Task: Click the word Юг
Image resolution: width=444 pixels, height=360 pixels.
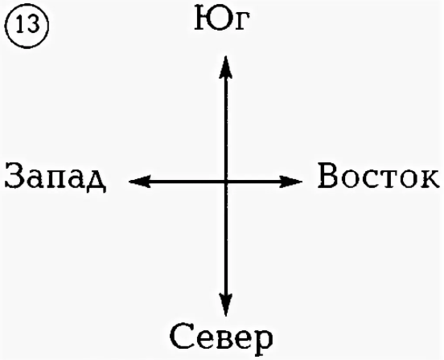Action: coord(223,19)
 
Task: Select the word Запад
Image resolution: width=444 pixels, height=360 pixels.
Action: coord(55,178)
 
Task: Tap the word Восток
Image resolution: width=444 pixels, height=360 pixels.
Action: coord(379,176)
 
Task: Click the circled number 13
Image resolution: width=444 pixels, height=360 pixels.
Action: coord(27,26)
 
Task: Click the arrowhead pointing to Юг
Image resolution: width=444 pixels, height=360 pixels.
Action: coord(226,67)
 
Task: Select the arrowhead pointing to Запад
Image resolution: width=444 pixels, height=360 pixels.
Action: coord(140,182)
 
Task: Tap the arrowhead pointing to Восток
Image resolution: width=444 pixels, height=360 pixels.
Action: coord(291,182)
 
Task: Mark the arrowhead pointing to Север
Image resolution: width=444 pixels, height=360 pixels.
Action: coord(226,305)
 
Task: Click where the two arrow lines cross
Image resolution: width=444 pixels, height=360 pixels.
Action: coord(226,182)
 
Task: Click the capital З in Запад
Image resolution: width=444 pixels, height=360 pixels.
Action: coord(14,176)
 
